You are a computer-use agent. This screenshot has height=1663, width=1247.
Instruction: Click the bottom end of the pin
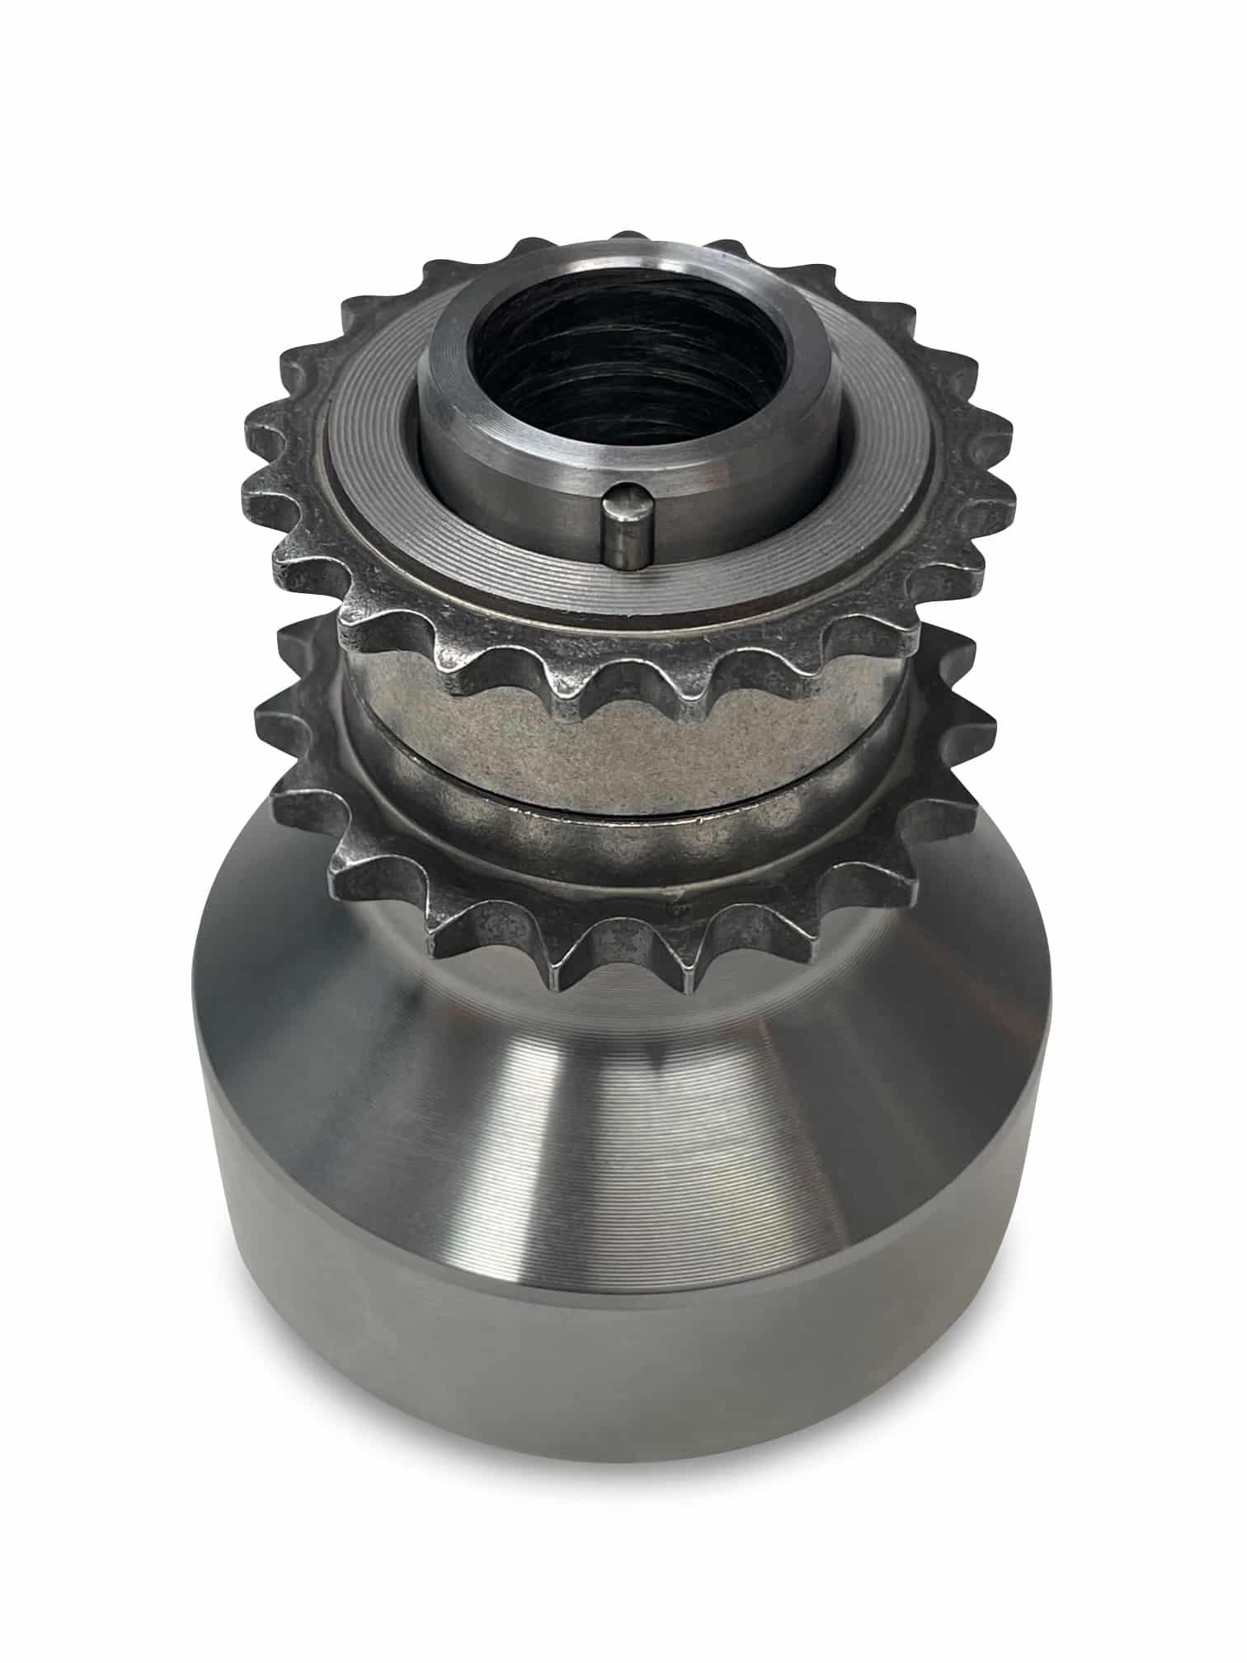tap(623, 567)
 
